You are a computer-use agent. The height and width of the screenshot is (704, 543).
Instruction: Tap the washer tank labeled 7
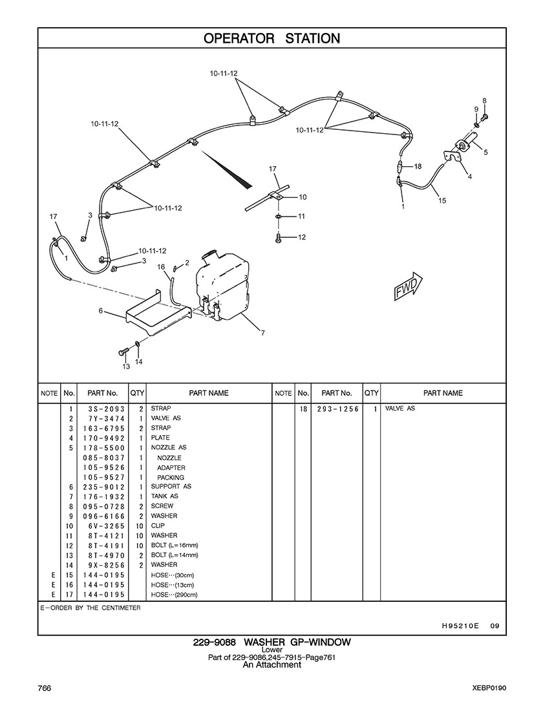(x=222, y=284)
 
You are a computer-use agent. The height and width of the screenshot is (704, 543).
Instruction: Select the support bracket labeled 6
(x=155, y=314)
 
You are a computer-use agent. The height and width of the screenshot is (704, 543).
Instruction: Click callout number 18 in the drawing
(x=418, y=166)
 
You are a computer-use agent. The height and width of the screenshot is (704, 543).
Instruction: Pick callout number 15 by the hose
(x=442, y=200)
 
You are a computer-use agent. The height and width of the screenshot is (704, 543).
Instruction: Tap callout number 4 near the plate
(x=469, y=176)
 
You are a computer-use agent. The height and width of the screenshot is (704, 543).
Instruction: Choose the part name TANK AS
(x=164, y=496)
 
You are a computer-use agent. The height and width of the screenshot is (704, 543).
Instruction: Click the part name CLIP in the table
(x=158, y=526)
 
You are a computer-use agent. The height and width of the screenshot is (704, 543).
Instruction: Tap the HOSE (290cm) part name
(x=174, y=595)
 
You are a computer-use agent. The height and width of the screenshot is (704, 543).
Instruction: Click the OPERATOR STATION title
(x=271, y=39)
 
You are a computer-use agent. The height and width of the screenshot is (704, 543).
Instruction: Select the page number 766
(x=45, y=687)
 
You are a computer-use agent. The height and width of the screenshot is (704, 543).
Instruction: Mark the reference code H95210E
(x=460, y=625)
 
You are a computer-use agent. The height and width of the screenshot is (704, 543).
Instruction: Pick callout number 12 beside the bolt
(x=301, y=237)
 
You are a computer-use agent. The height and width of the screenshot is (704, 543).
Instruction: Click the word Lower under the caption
(x=271, y=650)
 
